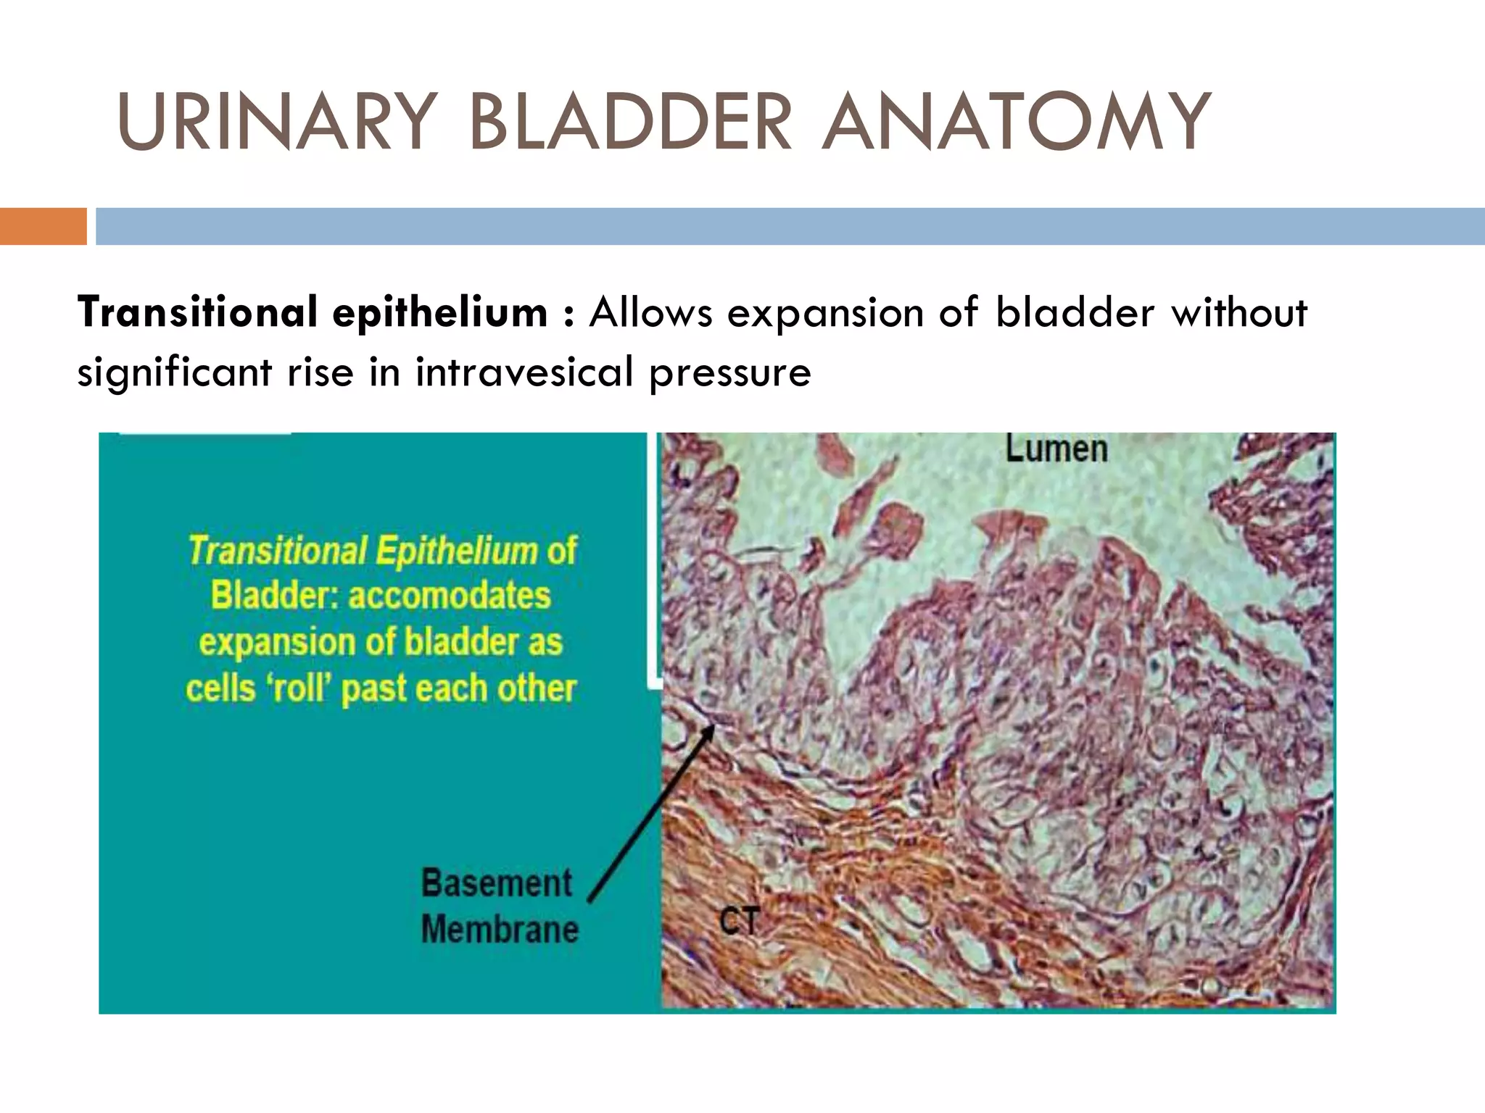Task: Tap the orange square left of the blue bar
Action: point(43,226)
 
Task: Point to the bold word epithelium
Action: point(439,313)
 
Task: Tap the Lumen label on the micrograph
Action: point(1056,449)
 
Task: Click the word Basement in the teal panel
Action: point(497,883)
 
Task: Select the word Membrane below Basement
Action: point(500,929)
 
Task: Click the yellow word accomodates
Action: point(450,596)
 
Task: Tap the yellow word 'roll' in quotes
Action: point(300,688)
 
